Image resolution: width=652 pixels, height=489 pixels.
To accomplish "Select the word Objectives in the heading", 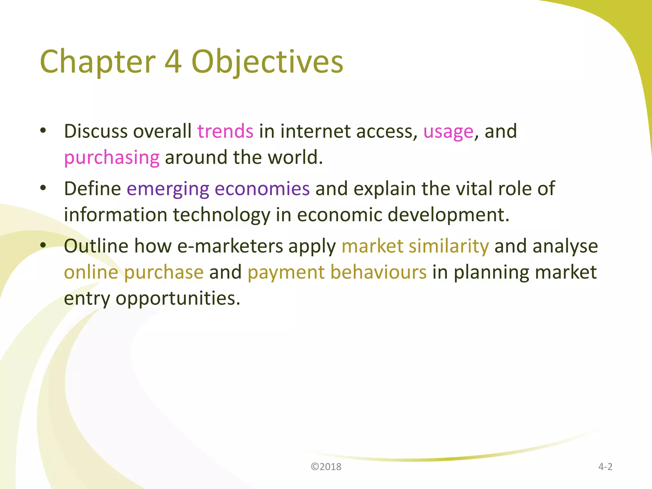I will pyautogui.click(x=267, y=62).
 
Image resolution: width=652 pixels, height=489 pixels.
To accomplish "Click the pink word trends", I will pyautogui.click(x=225, y=131).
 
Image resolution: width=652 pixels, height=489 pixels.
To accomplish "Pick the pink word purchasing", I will pyautogui.click(x=112, y=158).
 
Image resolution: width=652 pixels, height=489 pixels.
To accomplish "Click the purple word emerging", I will pyautogui.click(x=168, y=189).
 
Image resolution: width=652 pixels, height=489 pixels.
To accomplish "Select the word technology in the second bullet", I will pyautogui.click(x=221, y=215).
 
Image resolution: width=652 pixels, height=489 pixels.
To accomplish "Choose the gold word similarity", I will pyautogui.click(x=449, y=246).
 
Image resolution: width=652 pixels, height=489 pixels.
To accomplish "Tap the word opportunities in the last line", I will pyautogui.click(x=178, y=299).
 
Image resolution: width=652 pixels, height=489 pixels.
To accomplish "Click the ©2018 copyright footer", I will pyautogui.click(x=326, y=467).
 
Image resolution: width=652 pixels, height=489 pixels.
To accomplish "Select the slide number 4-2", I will pyautogui.click(x=605, y=467).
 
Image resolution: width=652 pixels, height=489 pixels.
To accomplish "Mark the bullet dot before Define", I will pyautogui.click(x=43, y=188).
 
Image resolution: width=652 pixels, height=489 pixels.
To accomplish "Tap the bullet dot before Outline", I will pyautogui.click(x=43, y=245).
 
